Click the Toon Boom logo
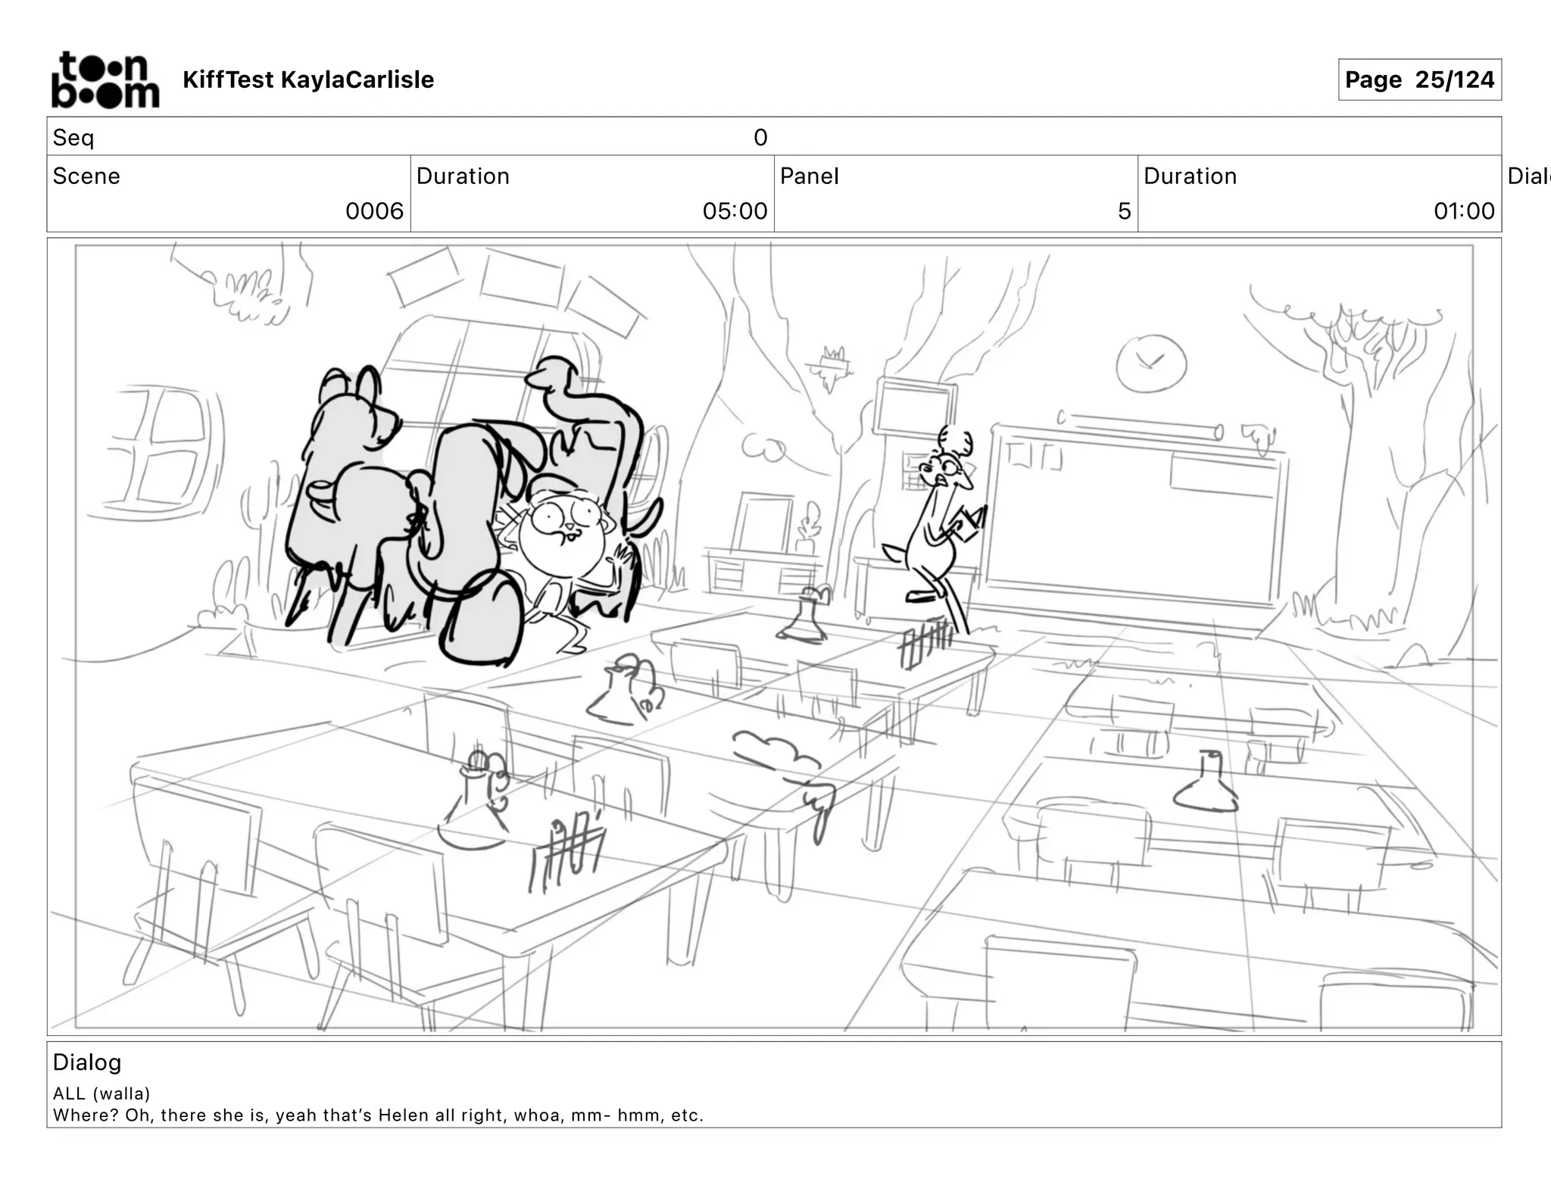point(105,80)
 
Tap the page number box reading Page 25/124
point(1419,80)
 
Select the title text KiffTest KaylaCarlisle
point(308,80)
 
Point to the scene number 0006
point(374,211)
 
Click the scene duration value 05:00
point(735,211)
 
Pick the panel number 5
point(1124,211)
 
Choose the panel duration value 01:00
point(1464,211)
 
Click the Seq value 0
point(760,137)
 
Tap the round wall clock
point(1150,363)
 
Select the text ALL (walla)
point(101,1093)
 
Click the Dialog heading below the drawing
point(87,1062)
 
